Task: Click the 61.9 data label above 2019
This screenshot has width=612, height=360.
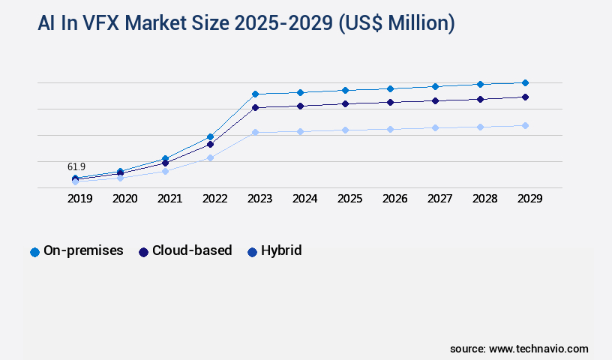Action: tap(76, 166)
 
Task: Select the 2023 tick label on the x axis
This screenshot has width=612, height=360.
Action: tap(259, 199)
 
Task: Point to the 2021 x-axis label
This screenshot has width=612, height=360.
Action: tap(169, 199)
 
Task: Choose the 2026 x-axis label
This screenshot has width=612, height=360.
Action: tap(394, 199)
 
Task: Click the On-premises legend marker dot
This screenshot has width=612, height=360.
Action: tap(34, 252)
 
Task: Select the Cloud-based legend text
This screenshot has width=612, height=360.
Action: tap(192, 250)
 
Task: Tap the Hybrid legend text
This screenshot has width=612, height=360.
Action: tap(281, 250)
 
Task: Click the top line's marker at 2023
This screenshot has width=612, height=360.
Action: tap(255, 94)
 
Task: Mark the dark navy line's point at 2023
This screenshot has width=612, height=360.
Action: tap(255, 107)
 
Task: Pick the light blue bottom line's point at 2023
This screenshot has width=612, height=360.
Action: tap(255, 132)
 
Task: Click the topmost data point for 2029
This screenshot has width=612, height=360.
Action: tap(525, 82)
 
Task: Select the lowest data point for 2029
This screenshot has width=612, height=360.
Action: tap(525, 125)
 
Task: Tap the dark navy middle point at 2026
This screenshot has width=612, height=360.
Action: tap(390, 102)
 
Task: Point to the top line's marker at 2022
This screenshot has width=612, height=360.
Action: tap(210, 136)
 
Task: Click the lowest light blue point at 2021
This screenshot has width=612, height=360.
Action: tap(165, 171)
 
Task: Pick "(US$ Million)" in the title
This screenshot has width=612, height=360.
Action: tap(397, 23)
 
